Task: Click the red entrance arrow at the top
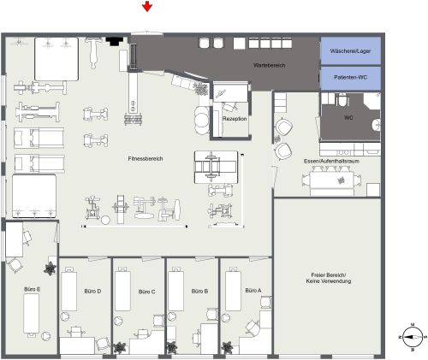148,8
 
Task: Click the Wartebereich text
269,65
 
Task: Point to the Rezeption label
235,119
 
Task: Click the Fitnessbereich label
146,158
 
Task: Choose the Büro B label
200,291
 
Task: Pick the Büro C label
146,291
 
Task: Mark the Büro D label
93,291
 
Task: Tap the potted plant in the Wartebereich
200,88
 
